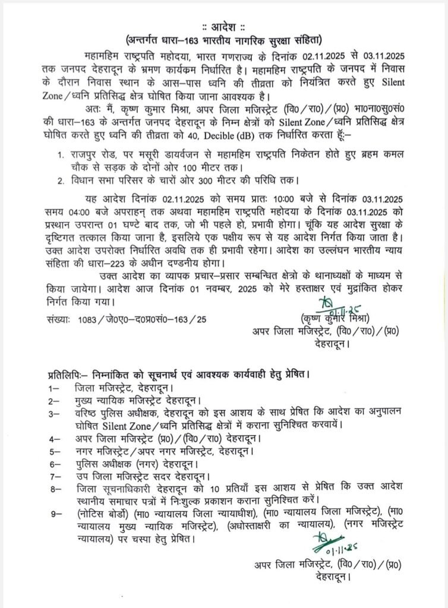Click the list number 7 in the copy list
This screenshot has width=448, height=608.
(x=53, y=476)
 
